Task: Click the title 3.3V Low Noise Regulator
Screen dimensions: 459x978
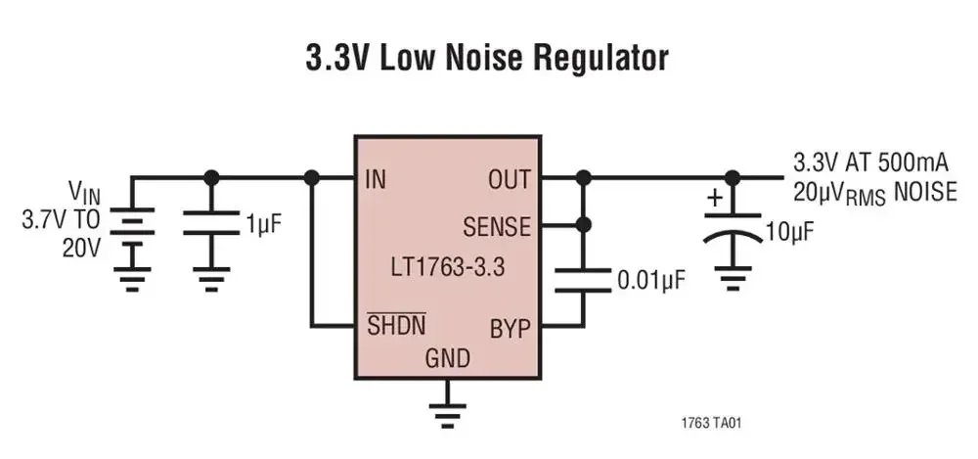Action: coord(486,58)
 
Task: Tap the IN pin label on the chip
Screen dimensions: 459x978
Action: coord(376,179)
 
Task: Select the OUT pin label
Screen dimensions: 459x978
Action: coord(509,179)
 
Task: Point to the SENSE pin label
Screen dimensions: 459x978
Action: coord(497,228)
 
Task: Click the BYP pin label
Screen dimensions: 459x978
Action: coord(511,327)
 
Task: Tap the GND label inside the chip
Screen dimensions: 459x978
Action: coord(447,358)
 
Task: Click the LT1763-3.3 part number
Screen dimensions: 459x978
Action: coord(446,266)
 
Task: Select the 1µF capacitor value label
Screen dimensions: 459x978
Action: coord(263,224)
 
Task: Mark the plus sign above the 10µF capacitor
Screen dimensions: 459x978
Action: coord(715,199)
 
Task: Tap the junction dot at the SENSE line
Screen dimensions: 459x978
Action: coord(584,225)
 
